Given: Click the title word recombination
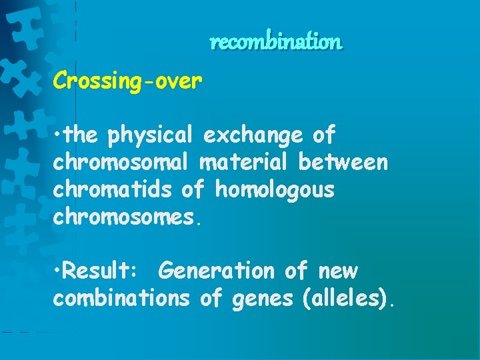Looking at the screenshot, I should pos(275,43).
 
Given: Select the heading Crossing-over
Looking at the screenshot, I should pos(127,81).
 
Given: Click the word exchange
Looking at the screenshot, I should pos(254,135).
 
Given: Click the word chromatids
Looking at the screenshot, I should pos(113,190).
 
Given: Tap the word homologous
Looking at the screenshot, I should pos(274,190).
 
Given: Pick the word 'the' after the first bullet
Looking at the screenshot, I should pos(82,135).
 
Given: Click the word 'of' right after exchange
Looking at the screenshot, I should pos(324,135).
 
